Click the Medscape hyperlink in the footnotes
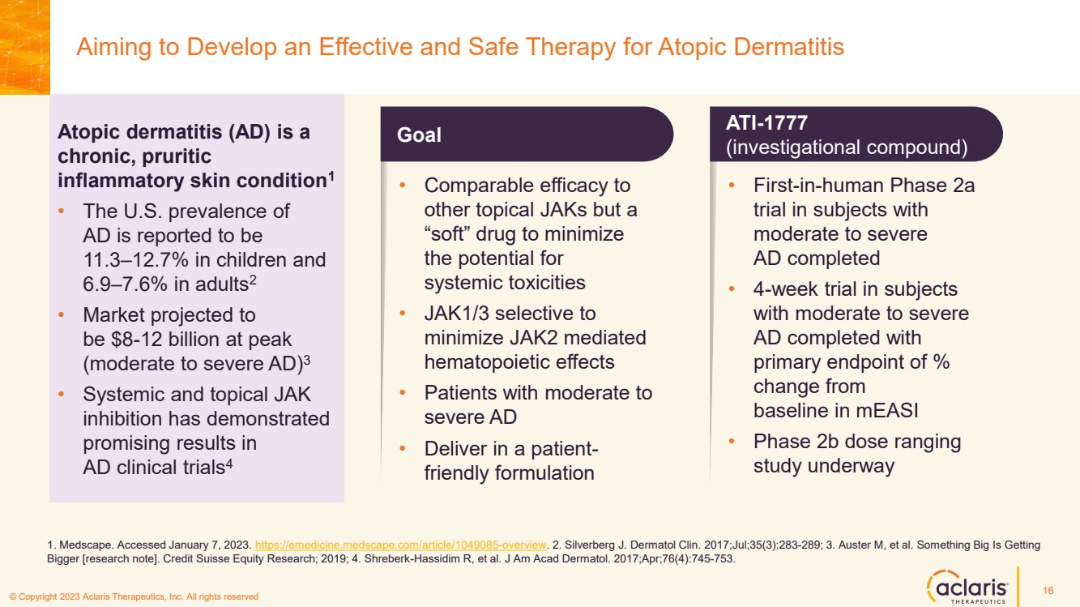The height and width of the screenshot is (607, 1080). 400,545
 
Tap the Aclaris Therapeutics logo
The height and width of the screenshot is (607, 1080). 967,586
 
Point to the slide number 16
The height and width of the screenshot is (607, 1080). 1048,590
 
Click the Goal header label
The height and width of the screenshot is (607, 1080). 419,135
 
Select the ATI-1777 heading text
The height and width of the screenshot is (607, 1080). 766,123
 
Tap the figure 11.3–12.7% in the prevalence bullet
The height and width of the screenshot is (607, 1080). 136,260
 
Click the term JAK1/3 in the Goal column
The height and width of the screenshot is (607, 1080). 457,314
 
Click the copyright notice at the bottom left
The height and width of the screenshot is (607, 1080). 134,596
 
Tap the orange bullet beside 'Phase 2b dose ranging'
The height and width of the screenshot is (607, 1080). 732,441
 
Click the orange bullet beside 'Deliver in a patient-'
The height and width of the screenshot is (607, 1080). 403,448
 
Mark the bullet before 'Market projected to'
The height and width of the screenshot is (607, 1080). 62,314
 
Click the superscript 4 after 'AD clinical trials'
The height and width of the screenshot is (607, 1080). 229,464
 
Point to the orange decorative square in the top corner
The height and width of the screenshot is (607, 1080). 25,47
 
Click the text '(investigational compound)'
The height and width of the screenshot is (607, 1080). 847,147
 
